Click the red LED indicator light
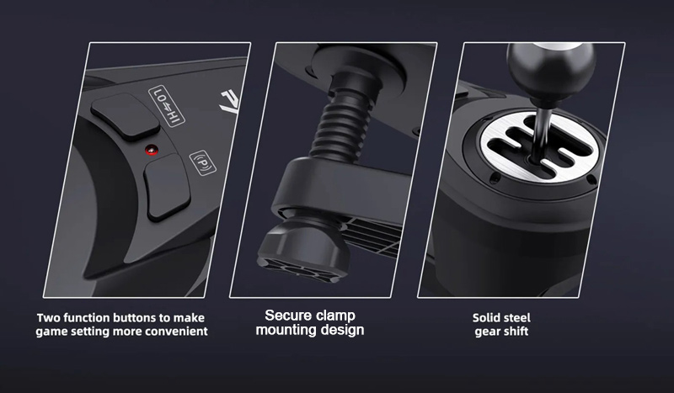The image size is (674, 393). (x=152, y=151)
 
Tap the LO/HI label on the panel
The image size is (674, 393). (x=167, y=106)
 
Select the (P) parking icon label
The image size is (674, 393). (x=203, y=162)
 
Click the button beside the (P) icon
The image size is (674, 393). (x=167, y=187)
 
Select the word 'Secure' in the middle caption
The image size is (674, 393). (x=285, y=316)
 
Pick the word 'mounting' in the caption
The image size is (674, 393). (x=283, y=331)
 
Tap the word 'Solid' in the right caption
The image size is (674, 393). (x=484, y=318)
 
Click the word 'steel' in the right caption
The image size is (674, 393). (x=516, y=318)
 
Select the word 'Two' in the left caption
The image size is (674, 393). (x=45, y=318)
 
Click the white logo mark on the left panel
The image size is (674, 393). (x=230, y=101)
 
